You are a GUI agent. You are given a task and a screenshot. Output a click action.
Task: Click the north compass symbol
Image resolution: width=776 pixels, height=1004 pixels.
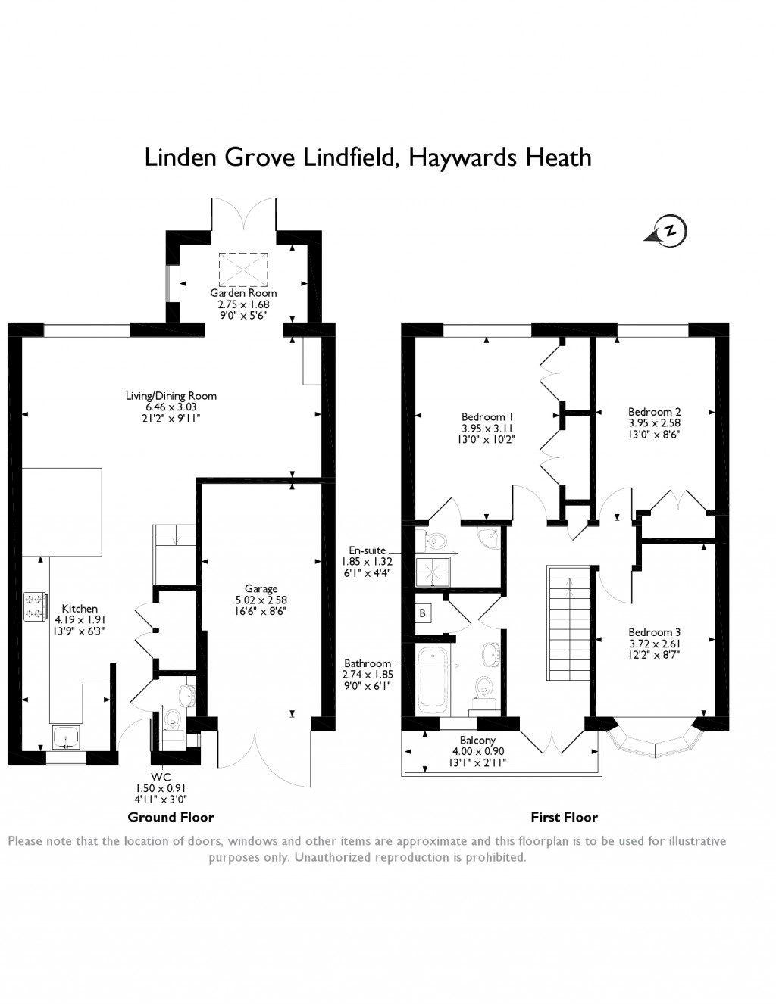tap(668, 231)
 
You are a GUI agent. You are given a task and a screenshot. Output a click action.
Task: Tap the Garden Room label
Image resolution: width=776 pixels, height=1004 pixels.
tap(243, 293)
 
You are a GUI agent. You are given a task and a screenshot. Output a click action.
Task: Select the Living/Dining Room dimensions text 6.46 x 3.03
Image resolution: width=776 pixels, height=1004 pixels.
tap(171, 407)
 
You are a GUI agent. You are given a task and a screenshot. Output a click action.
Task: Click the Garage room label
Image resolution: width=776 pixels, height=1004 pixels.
tap(261, 588)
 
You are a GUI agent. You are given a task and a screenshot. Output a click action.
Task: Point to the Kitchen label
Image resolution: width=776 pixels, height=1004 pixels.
tap(80, 609)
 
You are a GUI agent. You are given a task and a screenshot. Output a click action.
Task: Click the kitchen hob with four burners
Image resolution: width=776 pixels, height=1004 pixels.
tap(35, 605)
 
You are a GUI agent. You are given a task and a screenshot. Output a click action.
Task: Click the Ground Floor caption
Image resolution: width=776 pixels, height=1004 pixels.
tap(171, 817)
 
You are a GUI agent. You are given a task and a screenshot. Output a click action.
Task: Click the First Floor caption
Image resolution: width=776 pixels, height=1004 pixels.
tap(564, 817)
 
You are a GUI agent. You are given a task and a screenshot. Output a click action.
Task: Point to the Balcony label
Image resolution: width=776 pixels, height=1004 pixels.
tap(477, 740)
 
